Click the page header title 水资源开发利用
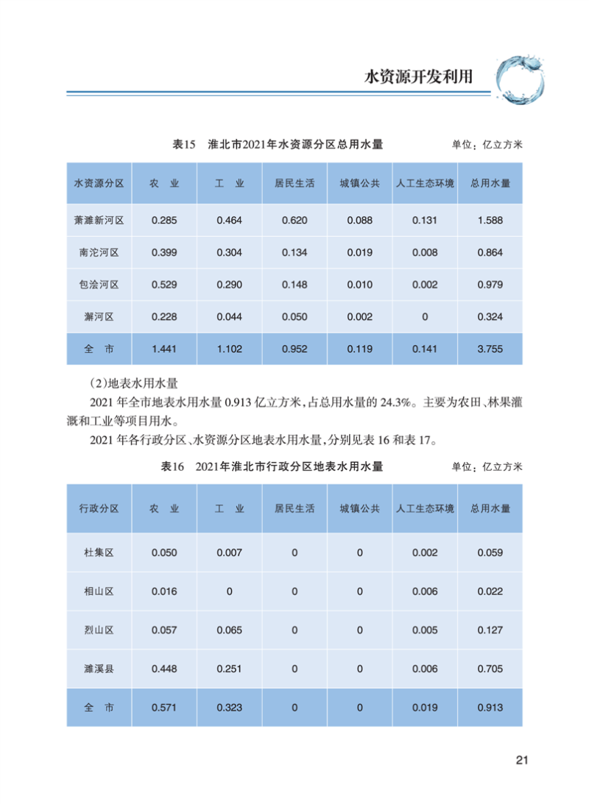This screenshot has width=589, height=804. tap(418, 77)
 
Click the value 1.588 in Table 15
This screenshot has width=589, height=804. tap(490, 220)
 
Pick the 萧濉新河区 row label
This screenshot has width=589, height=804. tap(99, 220)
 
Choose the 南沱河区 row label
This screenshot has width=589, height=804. tap(99, 252)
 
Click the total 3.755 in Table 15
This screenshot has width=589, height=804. tap(490, 349)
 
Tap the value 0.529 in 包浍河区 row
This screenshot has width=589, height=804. tap(164, 285)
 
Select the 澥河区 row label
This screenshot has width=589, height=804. tap(99, 317)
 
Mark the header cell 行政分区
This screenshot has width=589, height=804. tap(99, 508)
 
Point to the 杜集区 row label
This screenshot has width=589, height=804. tap(99, 552)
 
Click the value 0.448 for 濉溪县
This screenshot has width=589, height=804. tap(164, 669)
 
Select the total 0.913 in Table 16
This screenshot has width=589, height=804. tap(490, 707)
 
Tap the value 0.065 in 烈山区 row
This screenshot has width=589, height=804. tap(229, 630)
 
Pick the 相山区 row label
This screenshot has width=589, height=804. tap(99, 591)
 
